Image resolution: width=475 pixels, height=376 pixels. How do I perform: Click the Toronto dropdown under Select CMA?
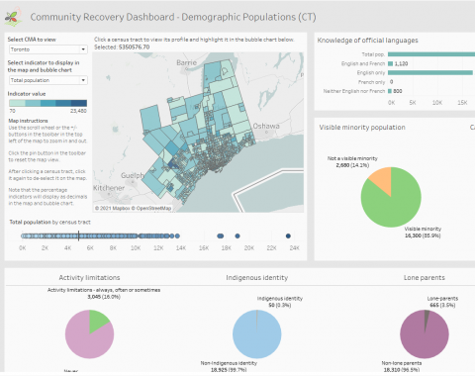pyautogui.click(x=47, y=47)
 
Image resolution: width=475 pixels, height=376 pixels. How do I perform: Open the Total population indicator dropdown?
pyautogui.click(x=47, y=79)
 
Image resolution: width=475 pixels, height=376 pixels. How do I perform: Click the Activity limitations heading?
pyautogui.click(x=90, y=279)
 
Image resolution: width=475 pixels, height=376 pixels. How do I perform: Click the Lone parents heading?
pyautogui.click(x=424, y=279)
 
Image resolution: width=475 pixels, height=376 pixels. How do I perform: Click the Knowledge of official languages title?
pyautogui.click(x=369, y=40)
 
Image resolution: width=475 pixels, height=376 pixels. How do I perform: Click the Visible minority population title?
pyautogui.click(x=359, y=128)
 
